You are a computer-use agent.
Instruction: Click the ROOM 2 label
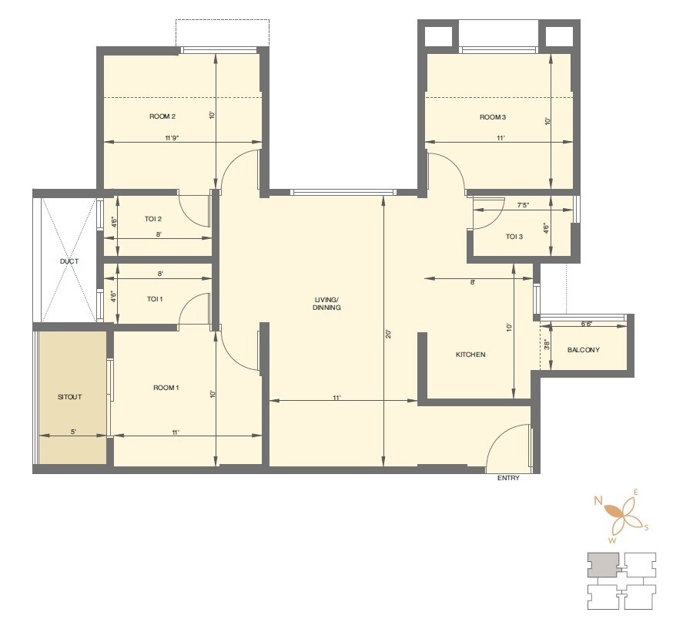point(162,117)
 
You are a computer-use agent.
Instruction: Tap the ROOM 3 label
point(493,117)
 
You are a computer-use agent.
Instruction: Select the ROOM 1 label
point(166,388)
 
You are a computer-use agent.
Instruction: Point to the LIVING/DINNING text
point(327,303)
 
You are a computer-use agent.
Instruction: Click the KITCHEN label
point(470,355)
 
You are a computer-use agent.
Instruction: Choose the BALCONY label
point(583,350)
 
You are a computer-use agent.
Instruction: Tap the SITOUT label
point(69,397)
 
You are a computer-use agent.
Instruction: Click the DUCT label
point(69,261)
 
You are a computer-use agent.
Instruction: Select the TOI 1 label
point(155,298)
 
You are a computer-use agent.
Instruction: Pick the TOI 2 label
point(153,220)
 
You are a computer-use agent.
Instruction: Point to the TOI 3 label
point(514,237)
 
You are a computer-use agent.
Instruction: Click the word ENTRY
point(508,478)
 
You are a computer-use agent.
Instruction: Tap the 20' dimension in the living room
point(389,335)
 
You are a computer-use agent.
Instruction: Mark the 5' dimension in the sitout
point(73,432)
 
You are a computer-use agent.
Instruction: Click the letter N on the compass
point(598,500)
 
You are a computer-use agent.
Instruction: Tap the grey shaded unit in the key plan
point(601,565)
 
